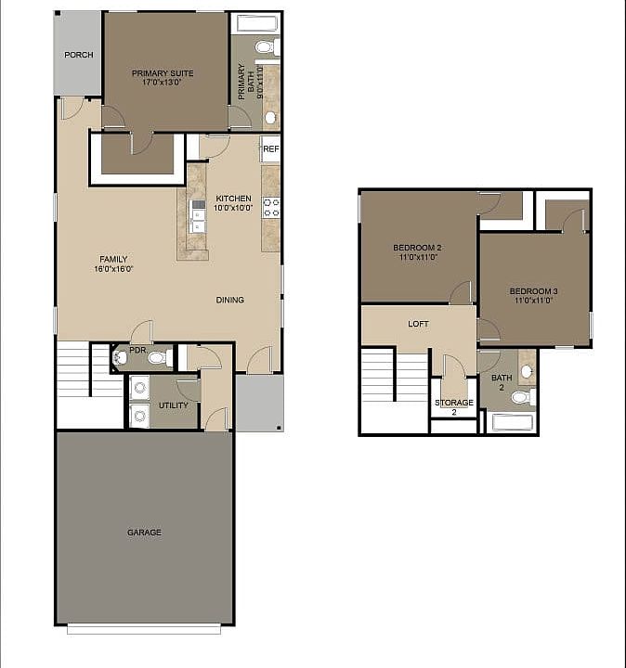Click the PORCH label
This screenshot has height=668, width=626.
click(x=79, y=55)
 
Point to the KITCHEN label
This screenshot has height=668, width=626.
click(x=233, y=199)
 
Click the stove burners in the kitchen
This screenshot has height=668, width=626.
click(x=271, y=207)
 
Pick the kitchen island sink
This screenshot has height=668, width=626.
click(x=197, y=215)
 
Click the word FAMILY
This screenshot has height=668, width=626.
click(x=113, y=259)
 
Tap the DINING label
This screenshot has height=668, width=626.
click(x=230, y=300)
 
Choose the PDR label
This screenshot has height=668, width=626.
click(x=137, y=351)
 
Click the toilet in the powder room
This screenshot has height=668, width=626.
click(x=157, y=357)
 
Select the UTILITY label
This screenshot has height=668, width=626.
click(x=173, y=405)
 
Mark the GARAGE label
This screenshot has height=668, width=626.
click(x=144, y=533)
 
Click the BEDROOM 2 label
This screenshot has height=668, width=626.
click(x=416, y=247)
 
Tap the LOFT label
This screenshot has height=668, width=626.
click(x=418, y=325)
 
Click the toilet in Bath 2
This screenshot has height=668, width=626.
click(x=521, y=397)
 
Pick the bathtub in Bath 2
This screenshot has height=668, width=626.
click(x=510, y=423)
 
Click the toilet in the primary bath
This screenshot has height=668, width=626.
click(x=264, y=47)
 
